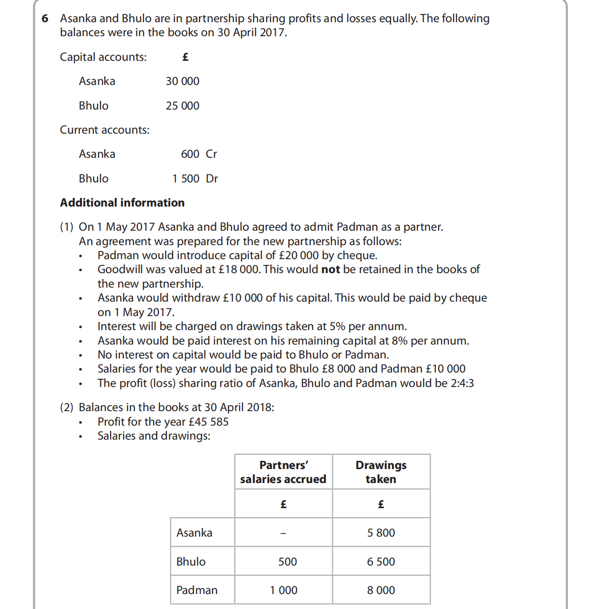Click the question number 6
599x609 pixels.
(45, 19)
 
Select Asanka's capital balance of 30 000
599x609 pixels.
(182, 81)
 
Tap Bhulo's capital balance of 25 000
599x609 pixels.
(182, 106)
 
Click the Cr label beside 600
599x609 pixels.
(211, 154)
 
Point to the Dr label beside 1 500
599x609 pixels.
(212, 179)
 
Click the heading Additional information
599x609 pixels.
(122, 203)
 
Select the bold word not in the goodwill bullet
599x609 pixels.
(330, 269)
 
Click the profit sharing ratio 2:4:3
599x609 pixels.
(462, 383)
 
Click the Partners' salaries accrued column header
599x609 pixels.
(283, 472)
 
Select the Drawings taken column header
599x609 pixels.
(381, 472)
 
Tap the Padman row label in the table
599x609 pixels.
(197, 590)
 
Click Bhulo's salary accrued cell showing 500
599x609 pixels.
(287, 562)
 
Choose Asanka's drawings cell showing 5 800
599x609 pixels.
(381, 533)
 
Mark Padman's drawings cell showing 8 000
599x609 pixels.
(381, 590)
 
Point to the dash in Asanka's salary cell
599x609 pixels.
(284, 533)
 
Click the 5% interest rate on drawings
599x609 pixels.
(337, 326)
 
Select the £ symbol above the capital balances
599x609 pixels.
(185, 57)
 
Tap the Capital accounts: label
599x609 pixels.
(103, 57)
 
